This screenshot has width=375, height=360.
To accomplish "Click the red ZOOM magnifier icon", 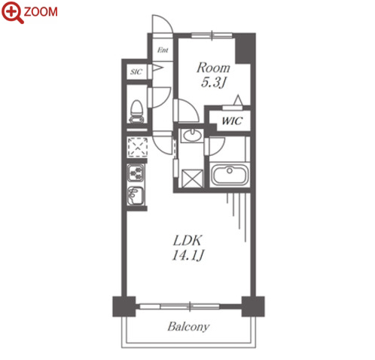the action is (x=12, y=13).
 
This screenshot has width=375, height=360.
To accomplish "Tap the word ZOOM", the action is (x=41, y=12).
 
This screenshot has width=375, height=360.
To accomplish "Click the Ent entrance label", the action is (x=163, y=50).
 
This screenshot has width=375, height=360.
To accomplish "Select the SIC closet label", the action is (x=136, y=72).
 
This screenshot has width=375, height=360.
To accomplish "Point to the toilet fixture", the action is (x=136, y=111).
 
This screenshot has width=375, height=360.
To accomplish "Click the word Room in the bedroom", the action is (x=213, y=68).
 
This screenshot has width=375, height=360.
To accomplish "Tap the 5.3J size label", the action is (x=213, y=82).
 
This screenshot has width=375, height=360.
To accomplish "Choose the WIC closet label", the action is (x=232, y=121).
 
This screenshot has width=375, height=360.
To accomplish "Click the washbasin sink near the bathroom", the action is (x=192, y=136).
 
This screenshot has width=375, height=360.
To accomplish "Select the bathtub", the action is (x=230, y=175).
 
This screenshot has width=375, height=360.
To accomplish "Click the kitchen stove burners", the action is (x=136, y=172).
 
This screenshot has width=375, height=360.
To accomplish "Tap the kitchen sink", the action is (x=136, y=196).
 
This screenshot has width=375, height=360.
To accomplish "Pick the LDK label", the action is (x=187, y=240).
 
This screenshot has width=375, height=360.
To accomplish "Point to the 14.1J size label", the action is (x=187, y=255).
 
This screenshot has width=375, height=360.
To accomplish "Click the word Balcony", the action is (x=188, y=327).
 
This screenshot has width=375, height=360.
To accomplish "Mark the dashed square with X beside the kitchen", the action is (x=137, y=147).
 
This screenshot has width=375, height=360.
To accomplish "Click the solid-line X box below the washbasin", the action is (x=192, y=178).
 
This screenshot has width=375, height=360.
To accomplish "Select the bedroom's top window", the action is (x=212, y=35).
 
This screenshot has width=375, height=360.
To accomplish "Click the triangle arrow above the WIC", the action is (x=238, y=100).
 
